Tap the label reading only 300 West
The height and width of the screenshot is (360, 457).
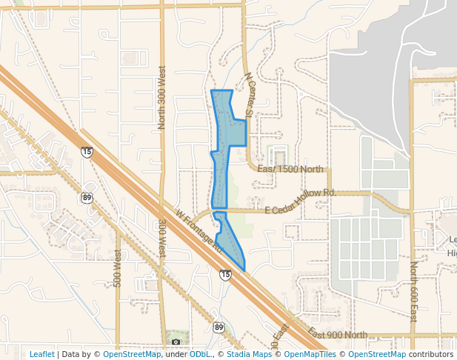tap(161, 239)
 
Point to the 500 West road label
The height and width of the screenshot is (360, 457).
tap(117, 268)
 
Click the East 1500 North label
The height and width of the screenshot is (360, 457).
tap(290, 170)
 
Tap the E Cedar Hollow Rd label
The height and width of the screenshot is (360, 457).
tap(300, 193)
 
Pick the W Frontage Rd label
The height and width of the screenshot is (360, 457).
tap(200, 230)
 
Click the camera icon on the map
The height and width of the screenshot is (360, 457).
tap(176, 341)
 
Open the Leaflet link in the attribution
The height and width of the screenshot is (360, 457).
tap(41, 354)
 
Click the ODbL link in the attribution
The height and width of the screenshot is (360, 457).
tap(201, 354)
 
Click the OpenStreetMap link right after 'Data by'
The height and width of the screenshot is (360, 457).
tap(132, 354)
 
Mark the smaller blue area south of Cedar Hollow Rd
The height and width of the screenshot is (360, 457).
tap(229, 241)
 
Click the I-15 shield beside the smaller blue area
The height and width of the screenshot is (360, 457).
tap(225, 275)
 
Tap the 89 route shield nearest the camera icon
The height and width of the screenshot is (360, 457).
tap(219, 327)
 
